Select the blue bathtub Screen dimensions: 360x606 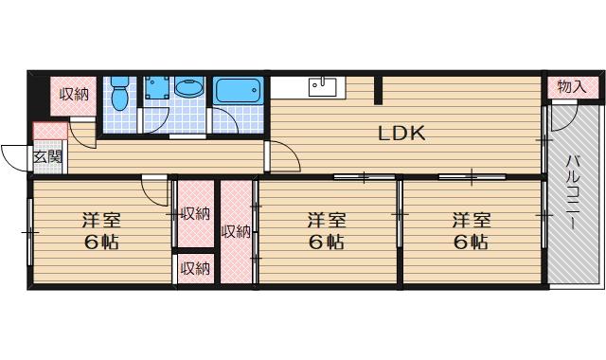click(240, 93)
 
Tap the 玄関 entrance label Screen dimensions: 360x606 click(47, 157)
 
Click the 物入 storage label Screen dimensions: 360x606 click(572, 87)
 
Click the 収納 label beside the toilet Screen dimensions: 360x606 click(74, 93)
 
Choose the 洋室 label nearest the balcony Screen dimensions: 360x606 click(471, 221)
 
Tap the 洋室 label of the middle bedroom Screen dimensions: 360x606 click(326, 221)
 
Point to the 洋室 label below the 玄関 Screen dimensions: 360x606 click(99, 221)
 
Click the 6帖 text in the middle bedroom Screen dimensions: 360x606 click(326, 243)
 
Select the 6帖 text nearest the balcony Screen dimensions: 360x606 click(471, 243)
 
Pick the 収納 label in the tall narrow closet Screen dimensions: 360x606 click(236, 230)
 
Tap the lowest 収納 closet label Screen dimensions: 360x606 click(196, 268)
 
